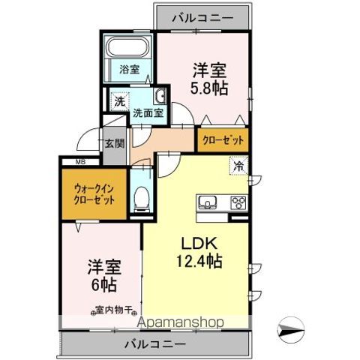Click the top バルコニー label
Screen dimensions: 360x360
tap(201, 16)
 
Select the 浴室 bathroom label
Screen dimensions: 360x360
tap(129, 70)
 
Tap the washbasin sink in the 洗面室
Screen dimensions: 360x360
tap(160, 98)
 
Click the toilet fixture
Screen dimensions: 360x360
tap(140, 198)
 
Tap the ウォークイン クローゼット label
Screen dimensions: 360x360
tap(94, 194)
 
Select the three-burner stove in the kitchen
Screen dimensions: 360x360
tap(238, 202)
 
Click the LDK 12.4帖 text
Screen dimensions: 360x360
tap(197, 253)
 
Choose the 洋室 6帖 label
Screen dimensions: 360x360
tap(100, 274)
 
